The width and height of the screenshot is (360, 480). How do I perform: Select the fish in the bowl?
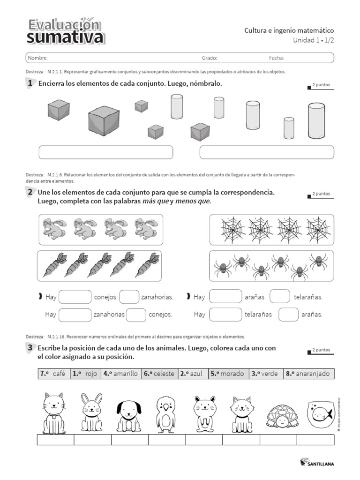(320, 413)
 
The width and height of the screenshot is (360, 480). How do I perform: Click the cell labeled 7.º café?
(53, 374)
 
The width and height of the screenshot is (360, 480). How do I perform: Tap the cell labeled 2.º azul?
(193, 374)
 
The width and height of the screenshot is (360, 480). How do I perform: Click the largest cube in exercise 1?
(105, 120)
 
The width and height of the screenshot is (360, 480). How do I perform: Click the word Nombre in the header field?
(37, 58)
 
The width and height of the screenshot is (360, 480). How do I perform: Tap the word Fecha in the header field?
(277, 58)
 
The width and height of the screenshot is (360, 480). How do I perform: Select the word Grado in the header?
(210, 58)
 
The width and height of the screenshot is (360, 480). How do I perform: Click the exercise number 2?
(30, 192)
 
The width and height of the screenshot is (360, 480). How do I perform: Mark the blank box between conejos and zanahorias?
(129, 297)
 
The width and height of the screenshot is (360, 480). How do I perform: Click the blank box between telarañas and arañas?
(288, 315)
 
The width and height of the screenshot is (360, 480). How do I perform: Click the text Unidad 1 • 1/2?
(314, 40)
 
